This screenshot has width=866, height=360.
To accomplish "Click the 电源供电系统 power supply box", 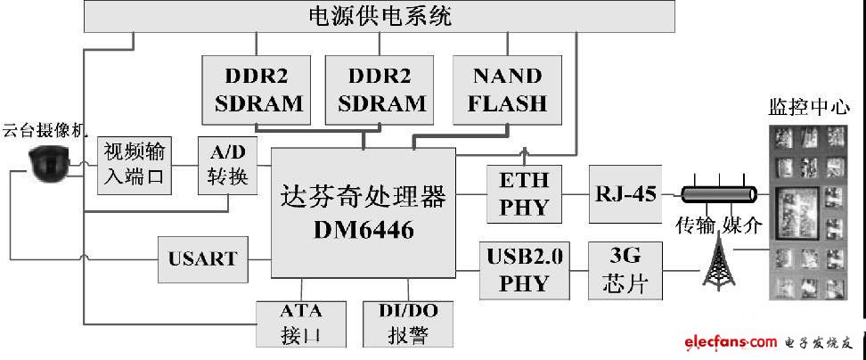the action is [380, 16].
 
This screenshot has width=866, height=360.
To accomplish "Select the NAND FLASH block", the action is [507, 89].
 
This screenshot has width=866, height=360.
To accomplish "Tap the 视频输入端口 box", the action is [135, 165].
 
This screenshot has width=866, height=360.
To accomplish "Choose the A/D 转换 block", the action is [227, 165].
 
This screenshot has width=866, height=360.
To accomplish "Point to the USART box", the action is [203, 259].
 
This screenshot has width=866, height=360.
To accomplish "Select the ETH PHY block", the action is [524, 193].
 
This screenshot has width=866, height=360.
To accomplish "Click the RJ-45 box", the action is [625, 193].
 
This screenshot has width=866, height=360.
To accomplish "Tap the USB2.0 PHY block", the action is [524, 271].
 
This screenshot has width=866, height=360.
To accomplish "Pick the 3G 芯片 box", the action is [625, 271].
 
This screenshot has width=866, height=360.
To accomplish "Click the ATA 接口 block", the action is [301, 323].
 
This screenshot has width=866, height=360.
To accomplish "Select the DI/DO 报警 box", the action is [407, 323].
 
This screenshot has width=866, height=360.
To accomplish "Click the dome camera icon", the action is [49, 163].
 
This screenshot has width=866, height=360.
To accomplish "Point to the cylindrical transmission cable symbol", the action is [718, 194].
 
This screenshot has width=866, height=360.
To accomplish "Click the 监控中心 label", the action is [809, 107].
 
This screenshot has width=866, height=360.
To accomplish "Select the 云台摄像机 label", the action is [45, 131].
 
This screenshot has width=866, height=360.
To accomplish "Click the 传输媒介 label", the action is [719, 225].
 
